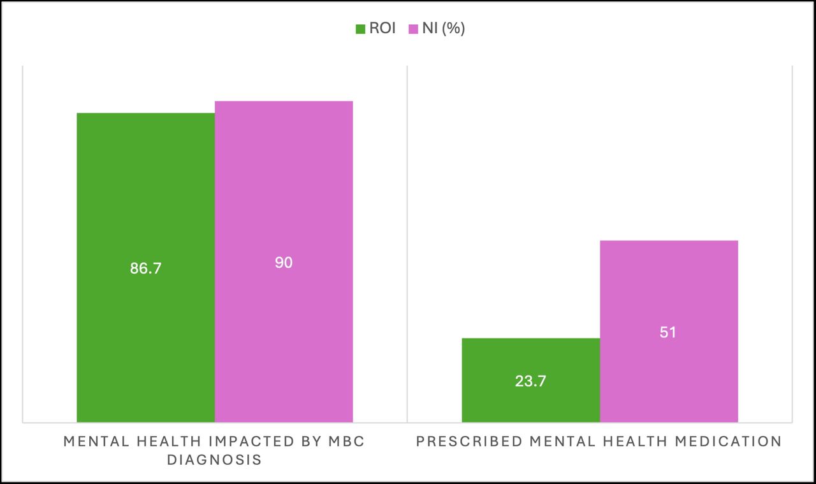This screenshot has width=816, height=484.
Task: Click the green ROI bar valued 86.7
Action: [x=145, y=191]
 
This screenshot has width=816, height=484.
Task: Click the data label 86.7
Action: [x=146, y=268]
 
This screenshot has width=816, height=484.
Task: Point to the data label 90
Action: [x=284, y=262]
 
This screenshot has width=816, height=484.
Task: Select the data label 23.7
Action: [x=530, y=381]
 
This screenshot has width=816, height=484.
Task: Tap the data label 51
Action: [x=668, y=333]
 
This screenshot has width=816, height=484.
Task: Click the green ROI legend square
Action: [x=360, y=29]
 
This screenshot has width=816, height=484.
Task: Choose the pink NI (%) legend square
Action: [x=412, y=29]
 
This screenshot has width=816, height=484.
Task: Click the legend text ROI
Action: [x=382, y=29]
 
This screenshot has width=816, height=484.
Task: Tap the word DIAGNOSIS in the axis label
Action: [x=214, y=460]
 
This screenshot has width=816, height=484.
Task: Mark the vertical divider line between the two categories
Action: [x=407, y=242]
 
